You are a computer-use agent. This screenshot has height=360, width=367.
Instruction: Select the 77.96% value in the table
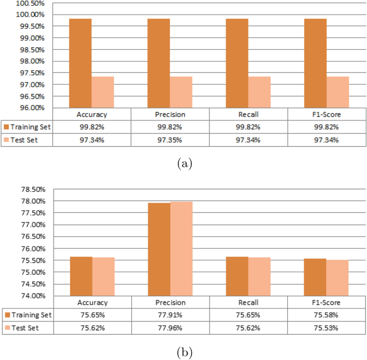pos(170,327)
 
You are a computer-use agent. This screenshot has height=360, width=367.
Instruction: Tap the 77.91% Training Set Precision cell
pos(170,315)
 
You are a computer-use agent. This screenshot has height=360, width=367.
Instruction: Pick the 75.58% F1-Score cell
pos(327,315)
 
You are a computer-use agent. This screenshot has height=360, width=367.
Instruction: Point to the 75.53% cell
pos(327,327)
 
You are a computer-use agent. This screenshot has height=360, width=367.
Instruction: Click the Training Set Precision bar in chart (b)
pos(159,249)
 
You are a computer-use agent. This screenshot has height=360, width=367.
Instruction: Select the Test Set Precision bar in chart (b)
pos(182,249)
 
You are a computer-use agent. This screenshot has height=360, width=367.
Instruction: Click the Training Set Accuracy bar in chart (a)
pos(80,63)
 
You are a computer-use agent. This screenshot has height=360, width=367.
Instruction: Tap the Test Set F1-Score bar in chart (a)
pos(338,92)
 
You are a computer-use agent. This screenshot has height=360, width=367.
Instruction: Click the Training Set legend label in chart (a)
pos(32,127)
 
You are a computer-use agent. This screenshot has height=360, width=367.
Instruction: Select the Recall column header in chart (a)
pos(249,114)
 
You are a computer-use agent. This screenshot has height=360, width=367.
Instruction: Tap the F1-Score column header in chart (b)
pos(327,302)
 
